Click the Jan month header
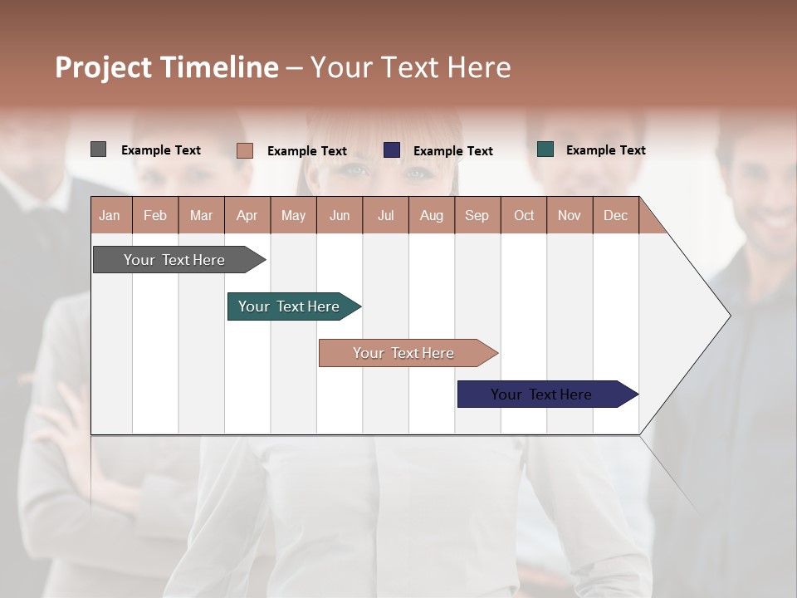point(110,215)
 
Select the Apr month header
point(247,215)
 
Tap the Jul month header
point(385,215)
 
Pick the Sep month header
point(477,215)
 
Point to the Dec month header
point(615,215)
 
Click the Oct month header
point(524,215)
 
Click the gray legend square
point(98,149)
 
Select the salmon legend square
point(244,150)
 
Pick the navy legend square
point(392,150)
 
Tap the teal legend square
point(545,149)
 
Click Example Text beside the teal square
point(605,149)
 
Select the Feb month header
point(154,215)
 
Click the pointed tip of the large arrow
point(728,315)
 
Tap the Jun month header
point(339,215)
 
